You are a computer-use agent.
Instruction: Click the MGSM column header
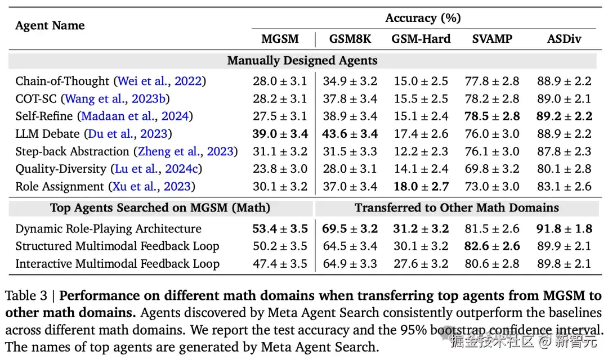click(280, 39)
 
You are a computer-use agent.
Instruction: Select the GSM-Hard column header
click(421, 39)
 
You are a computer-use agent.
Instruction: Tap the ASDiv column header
click(564, 39)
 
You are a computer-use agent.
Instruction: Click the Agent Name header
click(50, 25)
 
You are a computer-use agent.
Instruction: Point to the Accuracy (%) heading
click(423, 18)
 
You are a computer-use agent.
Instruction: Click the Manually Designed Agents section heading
click(302, 60)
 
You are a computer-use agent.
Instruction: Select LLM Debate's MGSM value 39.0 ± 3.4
click(280, 134)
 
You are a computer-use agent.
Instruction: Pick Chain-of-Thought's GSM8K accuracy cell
click(350, 81)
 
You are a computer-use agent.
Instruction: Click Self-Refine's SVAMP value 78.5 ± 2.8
click(492, 116)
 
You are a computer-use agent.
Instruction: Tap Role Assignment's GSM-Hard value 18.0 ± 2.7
click(421, 186)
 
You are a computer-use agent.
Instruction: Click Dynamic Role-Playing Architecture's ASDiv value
click(564, 228)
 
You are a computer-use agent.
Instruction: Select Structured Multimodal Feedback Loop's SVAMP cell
click(492, 246)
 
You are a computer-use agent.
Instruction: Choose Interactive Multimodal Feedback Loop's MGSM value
click(280, 264)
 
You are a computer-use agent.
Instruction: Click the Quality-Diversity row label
click(60, 169)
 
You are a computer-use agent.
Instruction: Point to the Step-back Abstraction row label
click(72, 151)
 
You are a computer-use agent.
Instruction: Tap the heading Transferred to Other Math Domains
click(457, 208)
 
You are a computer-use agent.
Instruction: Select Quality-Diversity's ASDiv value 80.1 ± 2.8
click(564, 169)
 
